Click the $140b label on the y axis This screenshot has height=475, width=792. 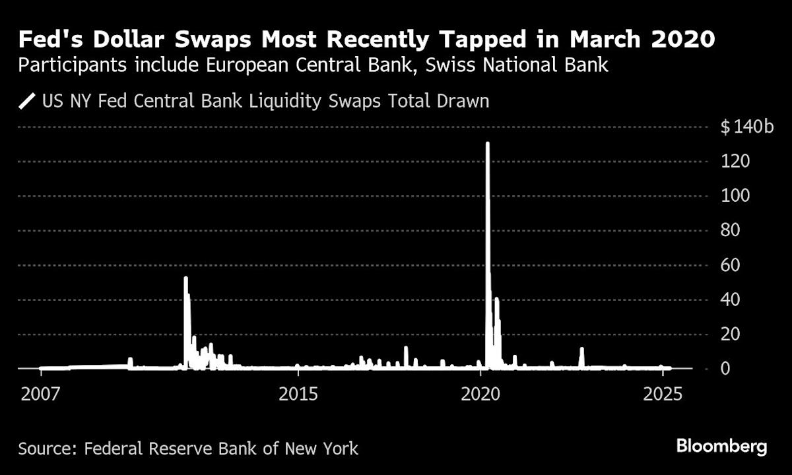point(746,127)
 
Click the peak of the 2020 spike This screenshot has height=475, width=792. point(487,143)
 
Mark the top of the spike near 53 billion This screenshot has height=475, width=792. point(186,278)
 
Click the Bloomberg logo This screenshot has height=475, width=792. point(722,447)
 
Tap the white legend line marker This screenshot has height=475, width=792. point(27,102)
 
